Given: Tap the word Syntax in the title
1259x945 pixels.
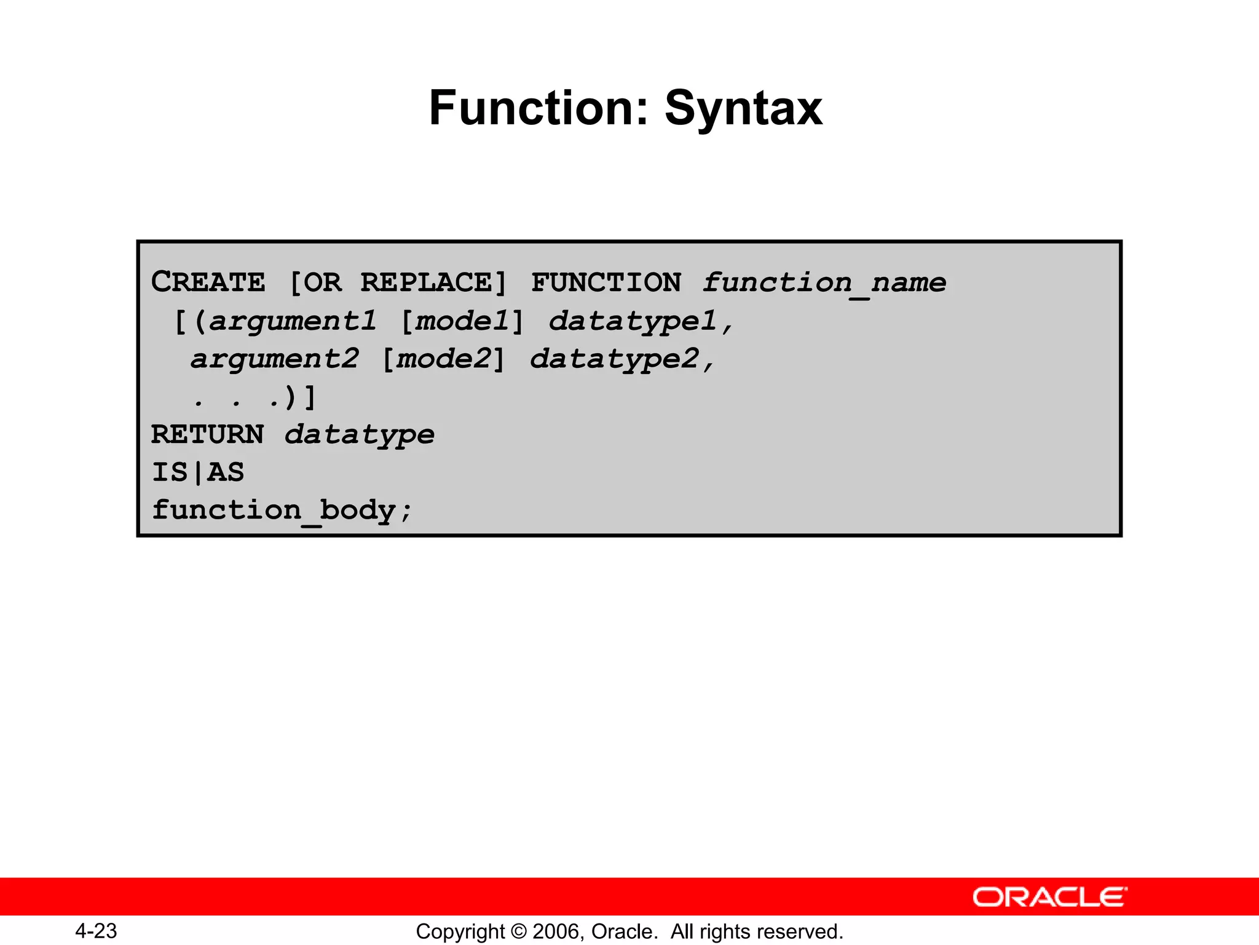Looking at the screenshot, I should pos(743,110).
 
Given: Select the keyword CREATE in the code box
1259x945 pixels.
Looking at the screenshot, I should pos(208,282).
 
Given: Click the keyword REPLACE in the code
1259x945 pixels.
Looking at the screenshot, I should pos(427,282).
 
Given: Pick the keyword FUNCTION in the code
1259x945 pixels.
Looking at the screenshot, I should pos(606,282).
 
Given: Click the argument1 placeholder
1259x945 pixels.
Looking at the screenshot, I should pos(293,321).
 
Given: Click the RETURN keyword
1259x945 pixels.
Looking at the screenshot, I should pos(208,434).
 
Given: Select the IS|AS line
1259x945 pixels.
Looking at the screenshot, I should pos(198,472).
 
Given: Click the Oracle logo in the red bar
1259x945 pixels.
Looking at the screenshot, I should pos(1050,897).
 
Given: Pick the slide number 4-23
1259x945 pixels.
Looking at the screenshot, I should pos(97,931).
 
